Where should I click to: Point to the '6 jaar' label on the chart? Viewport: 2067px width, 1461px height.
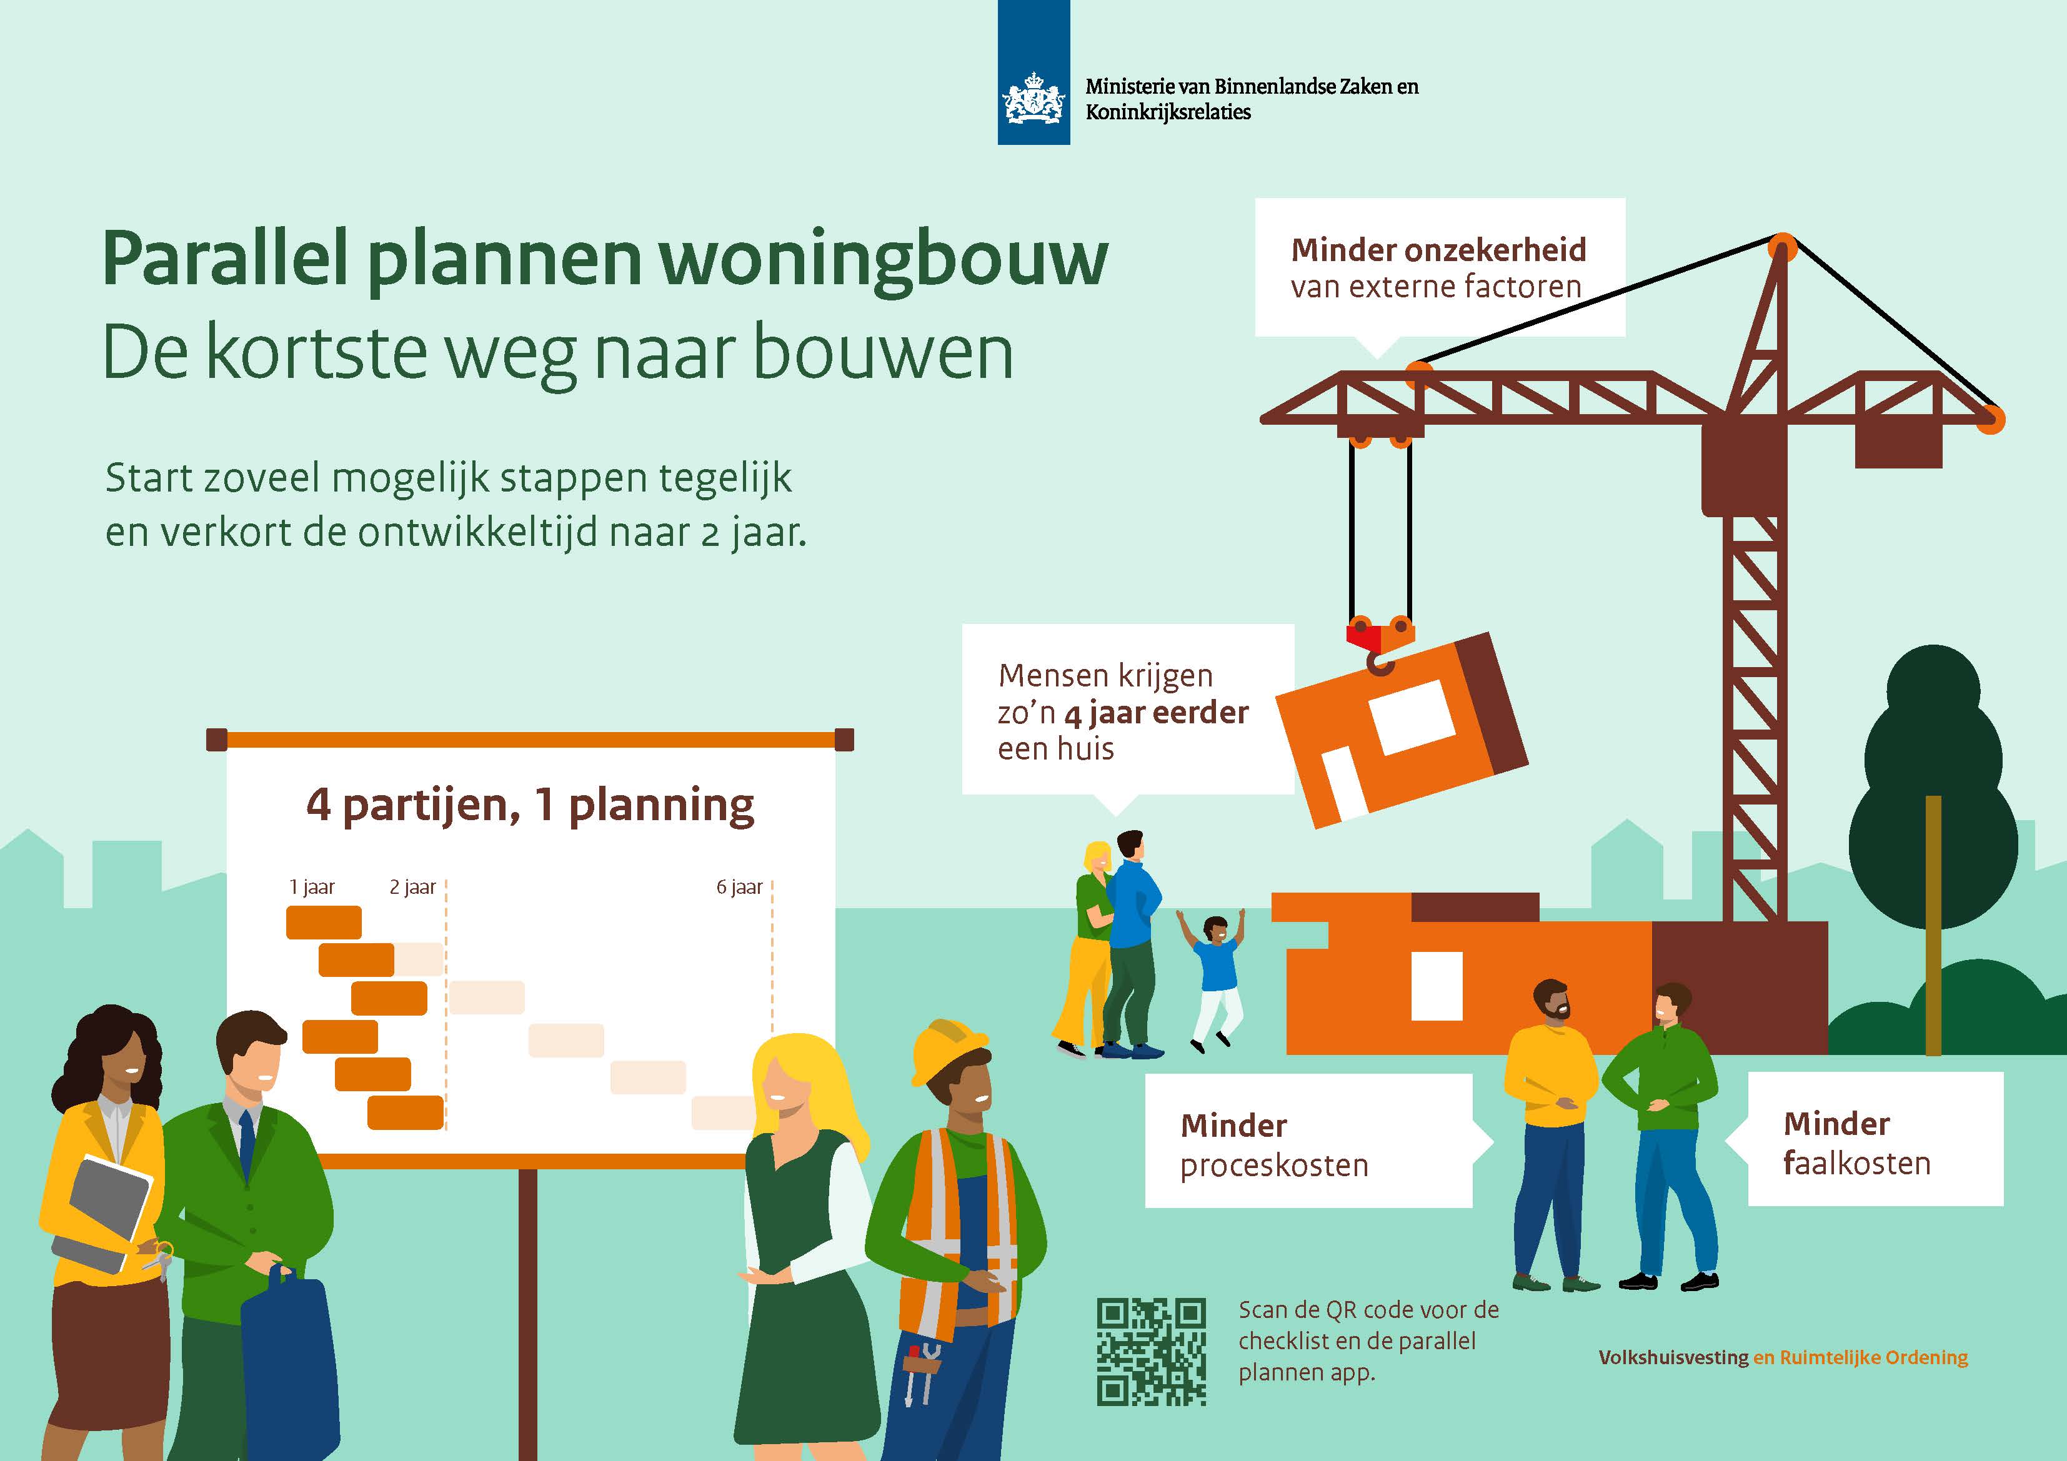tap(739, 887)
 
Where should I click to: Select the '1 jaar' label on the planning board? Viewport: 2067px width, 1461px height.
tap(312, 887)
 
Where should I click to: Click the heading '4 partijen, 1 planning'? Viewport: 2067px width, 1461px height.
tap(530, 805)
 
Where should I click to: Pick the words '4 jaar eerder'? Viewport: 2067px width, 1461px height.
tap(1156, 713)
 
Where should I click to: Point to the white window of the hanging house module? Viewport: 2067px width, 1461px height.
tap(1412, 716)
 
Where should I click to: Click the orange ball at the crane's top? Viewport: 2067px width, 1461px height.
tap(1781, 247)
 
